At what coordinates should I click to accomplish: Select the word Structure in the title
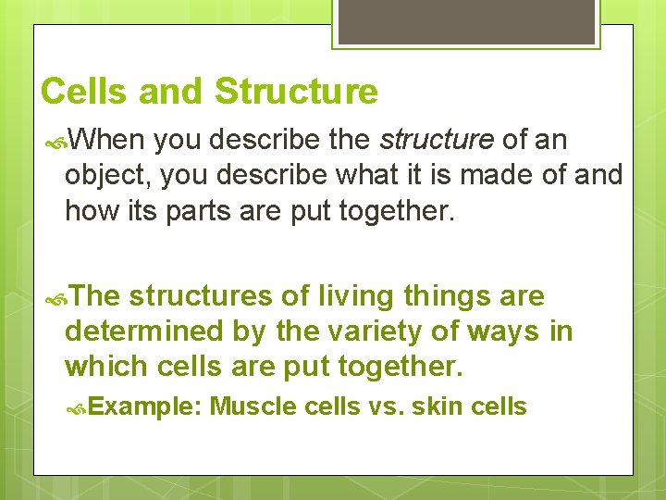tap(296, 92)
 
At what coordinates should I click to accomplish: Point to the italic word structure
tap(437, 141)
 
